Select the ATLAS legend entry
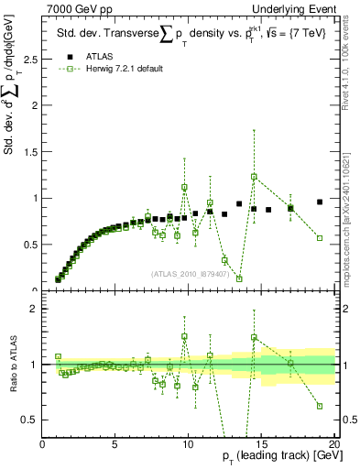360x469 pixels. point(93,58)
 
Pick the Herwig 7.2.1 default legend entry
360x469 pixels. point(114,70)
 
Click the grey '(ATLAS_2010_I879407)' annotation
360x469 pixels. point(191,274)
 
